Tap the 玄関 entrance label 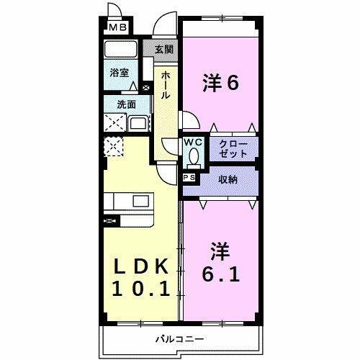pyautogui.click(x=163, y=50)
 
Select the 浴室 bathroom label pyautogui.click(x=120, y=73)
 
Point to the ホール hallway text pyautogui.click(x=166, y=85)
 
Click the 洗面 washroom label pyautogui.click(x=127, y=104)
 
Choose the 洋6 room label pyautogui.click(x=220, y=84)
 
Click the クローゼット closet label pyautogui.click(x=234, y=149)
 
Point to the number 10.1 pyautogui.click(x=141, y=289)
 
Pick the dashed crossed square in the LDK pyautogui.click(x=114, y=148)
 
